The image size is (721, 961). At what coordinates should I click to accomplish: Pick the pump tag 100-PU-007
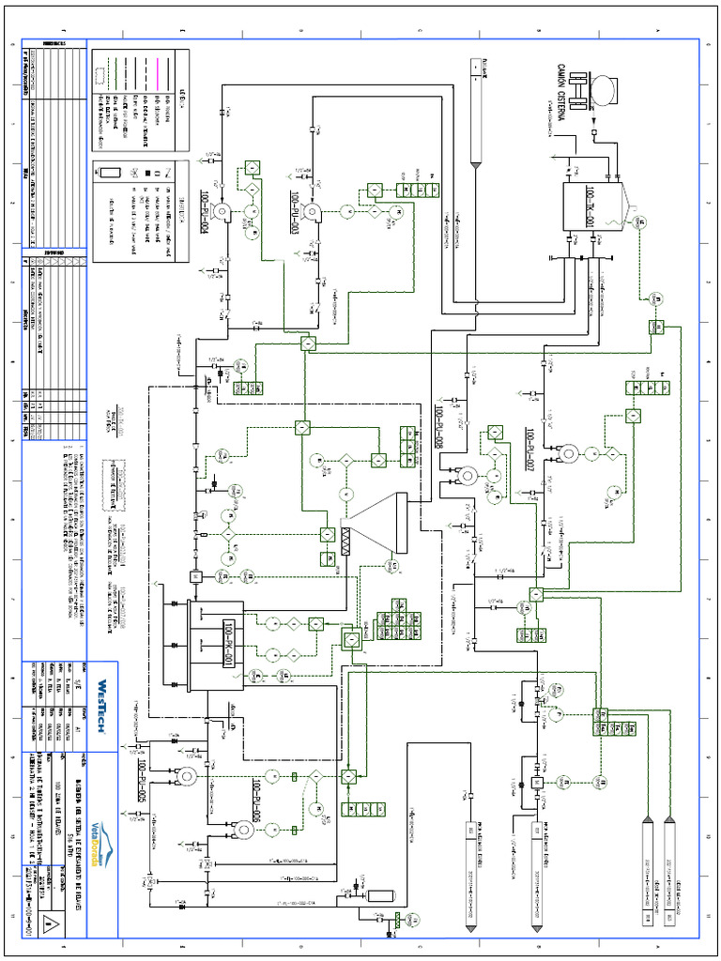tap(530, 450)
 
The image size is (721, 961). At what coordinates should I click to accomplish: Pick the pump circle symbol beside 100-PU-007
tap(566, 453)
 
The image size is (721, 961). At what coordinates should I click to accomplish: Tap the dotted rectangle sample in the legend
tap(109, 175)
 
